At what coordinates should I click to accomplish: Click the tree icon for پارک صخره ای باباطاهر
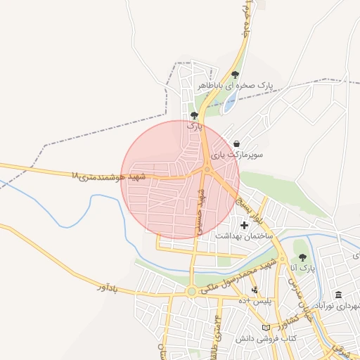coord(235,74)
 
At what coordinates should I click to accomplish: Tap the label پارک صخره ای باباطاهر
coord(235,85)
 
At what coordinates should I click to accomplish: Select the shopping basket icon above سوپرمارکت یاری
coord(236,143)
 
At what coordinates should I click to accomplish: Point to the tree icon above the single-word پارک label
coord(194,115)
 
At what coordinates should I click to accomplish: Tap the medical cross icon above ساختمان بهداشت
coord(244,226)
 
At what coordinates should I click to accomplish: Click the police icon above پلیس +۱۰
coord(255,290)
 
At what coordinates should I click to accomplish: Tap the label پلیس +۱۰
coord(255,301)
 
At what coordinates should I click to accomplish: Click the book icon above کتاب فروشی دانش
coord(265,328)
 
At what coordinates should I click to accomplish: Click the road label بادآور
coord(110,288)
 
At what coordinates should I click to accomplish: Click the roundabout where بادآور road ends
coord(191,291)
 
